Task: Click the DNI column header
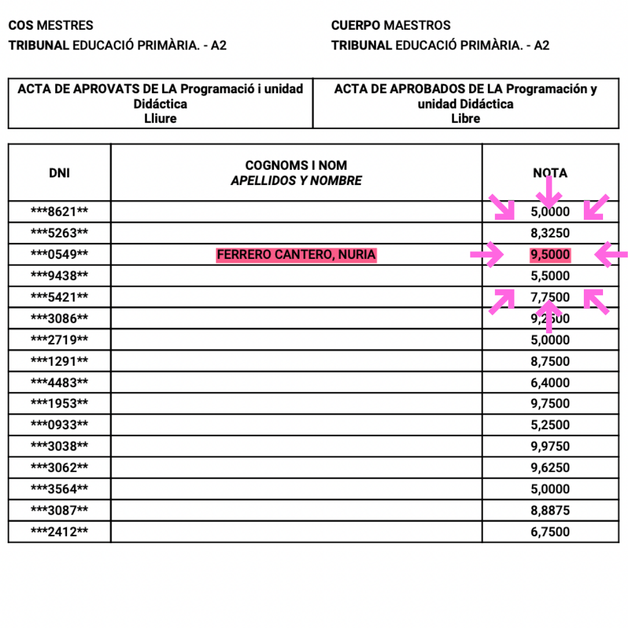pos(59,172)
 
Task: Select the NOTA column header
pos(550,173)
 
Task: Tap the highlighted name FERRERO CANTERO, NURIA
pos(297,255)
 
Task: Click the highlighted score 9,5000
pos(550,255)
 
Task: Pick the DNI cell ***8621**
pos(59,212)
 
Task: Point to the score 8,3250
pos(550,233)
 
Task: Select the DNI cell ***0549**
pos(59,255)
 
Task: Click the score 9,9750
pos(550,447)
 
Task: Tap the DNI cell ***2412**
pos(59,531)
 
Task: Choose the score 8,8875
pos(550,511)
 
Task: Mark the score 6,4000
pos(550,383)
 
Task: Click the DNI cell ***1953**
pos(59,404)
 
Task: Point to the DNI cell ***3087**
pos(59,511)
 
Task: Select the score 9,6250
pos(550,468)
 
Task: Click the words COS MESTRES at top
pos(51,26)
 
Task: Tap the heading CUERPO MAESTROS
pos(391,26)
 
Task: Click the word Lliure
pos(160,119)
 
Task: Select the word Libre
pos(466,119)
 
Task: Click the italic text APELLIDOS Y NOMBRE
pos(296,181)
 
